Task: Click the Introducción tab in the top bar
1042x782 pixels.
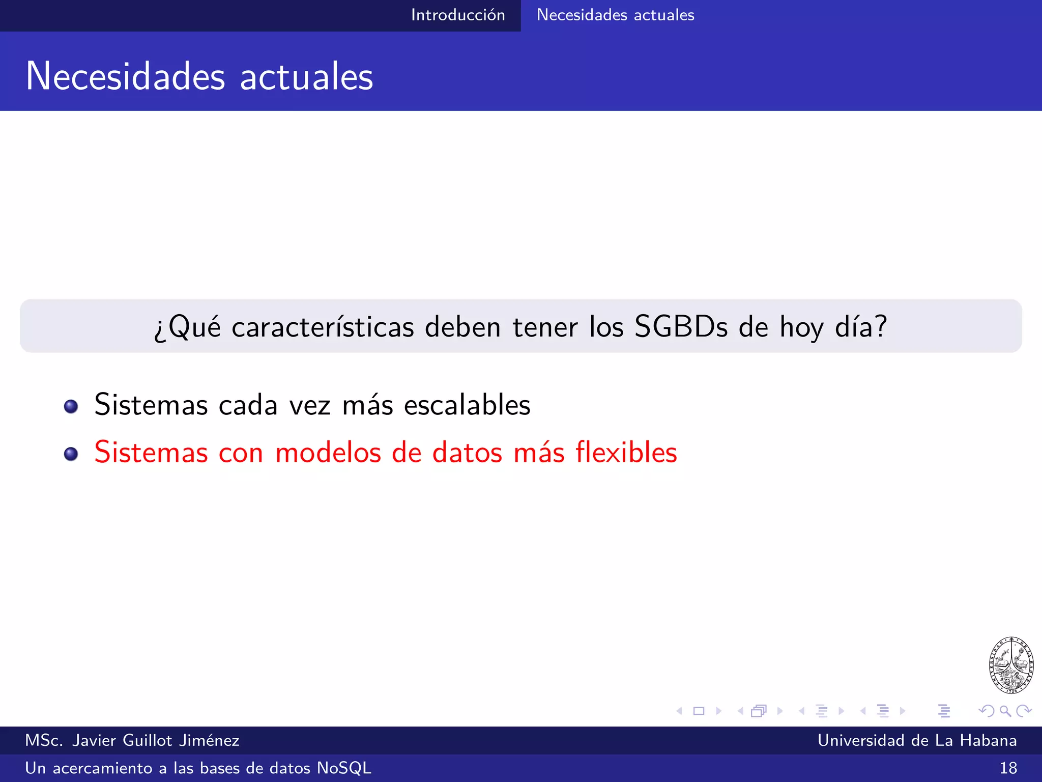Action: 458,15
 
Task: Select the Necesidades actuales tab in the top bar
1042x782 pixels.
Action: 615,15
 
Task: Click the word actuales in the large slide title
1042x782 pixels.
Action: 306,76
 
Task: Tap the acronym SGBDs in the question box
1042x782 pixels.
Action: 681,327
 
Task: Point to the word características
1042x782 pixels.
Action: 323,327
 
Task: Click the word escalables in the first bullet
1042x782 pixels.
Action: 467,405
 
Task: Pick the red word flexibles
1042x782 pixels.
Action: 626,452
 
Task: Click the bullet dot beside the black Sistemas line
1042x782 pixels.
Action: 71,406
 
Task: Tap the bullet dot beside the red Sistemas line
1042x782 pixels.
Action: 71,454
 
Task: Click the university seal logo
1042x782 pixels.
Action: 1011,665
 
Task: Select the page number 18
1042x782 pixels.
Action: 1008,768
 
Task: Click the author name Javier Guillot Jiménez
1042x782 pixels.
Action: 156,740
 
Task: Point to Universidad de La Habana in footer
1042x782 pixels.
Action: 917,740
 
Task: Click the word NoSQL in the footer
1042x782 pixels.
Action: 344,768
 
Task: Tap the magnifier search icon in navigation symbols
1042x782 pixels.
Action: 1005,711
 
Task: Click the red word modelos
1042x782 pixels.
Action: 328,452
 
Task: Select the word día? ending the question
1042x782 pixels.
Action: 861,327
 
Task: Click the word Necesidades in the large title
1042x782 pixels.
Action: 125,76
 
